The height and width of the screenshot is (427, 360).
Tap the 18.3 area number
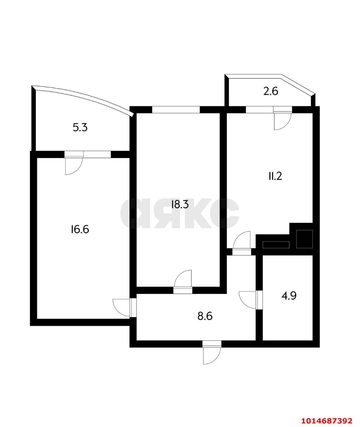click(180, 204)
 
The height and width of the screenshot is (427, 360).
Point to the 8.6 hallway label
click(205, 316)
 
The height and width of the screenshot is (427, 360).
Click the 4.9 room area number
click(289, 296)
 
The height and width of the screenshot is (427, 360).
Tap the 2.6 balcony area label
click(270, 91)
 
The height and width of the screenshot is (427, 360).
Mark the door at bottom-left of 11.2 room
click(242, 240)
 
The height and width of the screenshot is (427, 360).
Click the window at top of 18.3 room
click(176, 109)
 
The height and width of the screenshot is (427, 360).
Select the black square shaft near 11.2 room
click(304, 239)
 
